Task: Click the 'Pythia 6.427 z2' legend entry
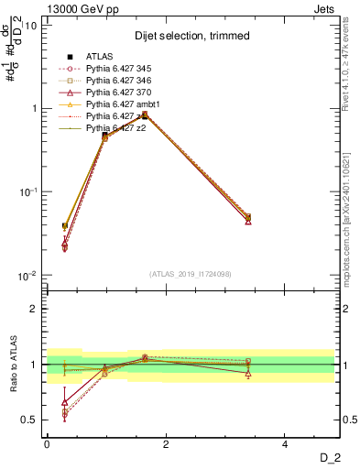119,129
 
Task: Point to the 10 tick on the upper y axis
30,25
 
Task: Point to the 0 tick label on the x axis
47,444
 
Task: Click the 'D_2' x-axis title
329,458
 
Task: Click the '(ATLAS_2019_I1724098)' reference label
191,273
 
